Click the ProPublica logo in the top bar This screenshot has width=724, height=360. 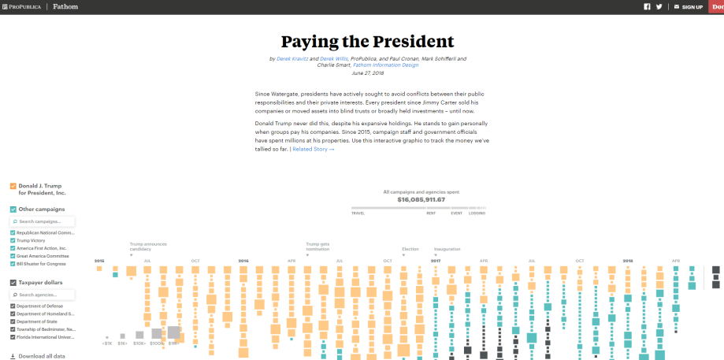22,6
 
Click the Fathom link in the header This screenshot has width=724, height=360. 65,6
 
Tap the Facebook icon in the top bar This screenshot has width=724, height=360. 648,6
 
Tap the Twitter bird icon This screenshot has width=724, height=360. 659,6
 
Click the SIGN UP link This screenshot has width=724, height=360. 692,7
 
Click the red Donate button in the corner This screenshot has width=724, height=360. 716,6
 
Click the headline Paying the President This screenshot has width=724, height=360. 367,41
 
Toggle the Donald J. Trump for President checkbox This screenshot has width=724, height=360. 13,186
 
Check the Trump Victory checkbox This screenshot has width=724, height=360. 13,240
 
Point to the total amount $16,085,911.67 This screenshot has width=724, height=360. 421,199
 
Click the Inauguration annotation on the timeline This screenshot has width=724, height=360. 447,249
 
